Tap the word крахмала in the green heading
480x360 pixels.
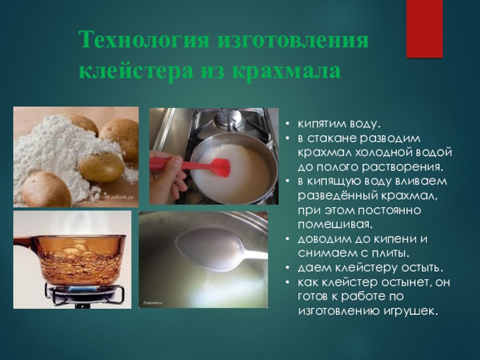click(286, 71)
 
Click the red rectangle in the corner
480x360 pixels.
click(424, 29)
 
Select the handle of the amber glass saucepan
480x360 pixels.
click(26, 244)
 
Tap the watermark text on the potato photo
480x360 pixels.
click(119, 197)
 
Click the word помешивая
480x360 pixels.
click(335, 224)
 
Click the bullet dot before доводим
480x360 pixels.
click(287, 239)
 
